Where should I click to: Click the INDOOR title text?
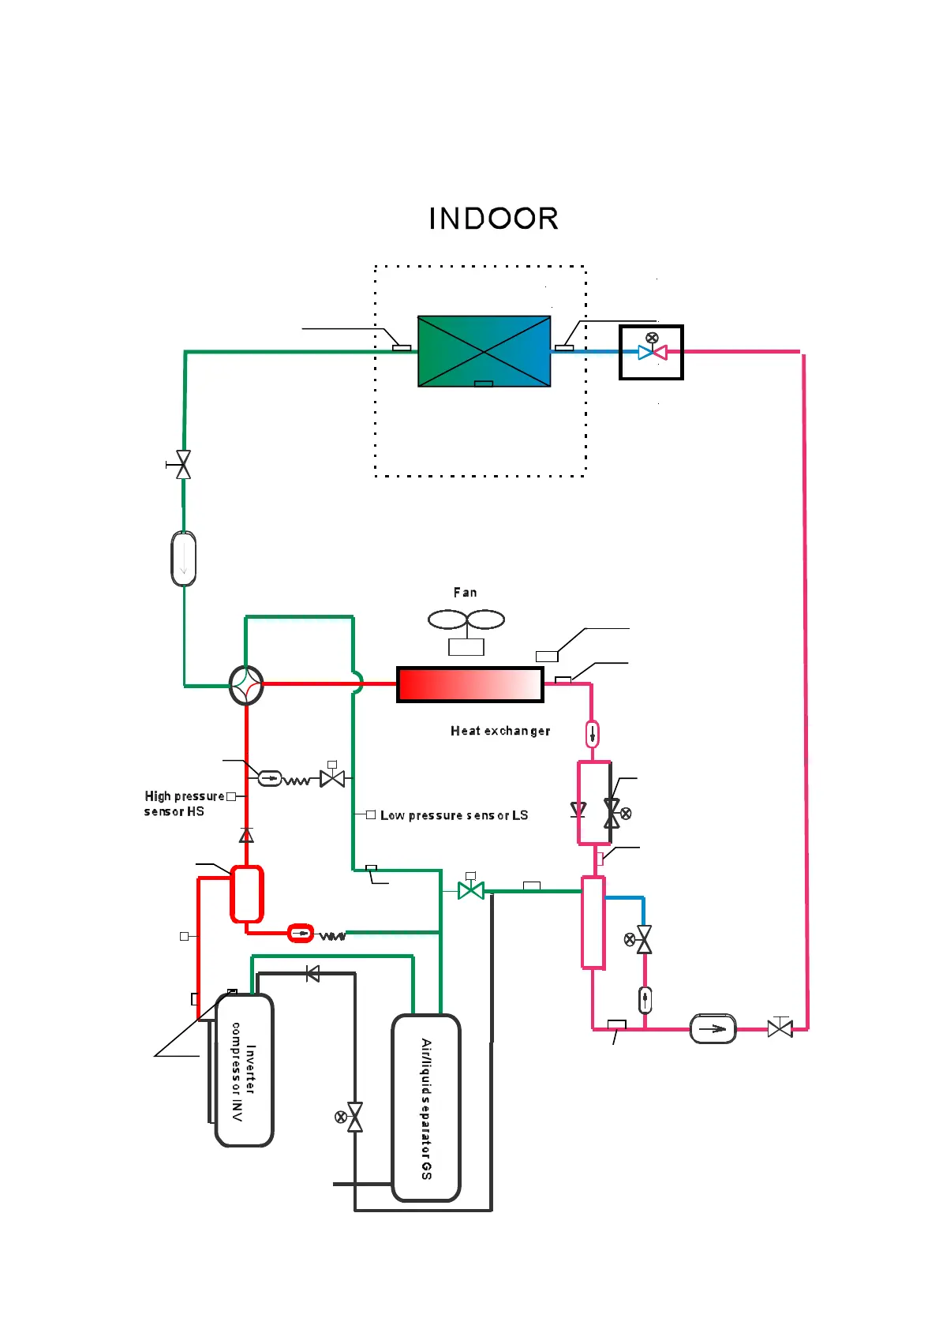click(x=493, y=219)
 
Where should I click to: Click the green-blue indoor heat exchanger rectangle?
click(x=484, y=351)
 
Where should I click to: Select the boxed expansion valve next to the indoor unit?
click(x=651, y=352)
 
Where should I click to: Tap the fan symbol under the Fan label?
click(x=466, y=620)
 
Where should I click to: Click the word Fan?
click(x=465, y=592)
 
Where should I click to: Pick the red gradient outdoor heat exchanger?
click(x=470, y=684)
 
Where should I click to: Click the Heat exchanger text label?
click(x=500, y=731)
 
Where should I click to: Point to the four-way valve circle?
click(x=246, y=684)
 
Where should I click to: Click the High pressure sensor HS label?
click(x=183, y=803)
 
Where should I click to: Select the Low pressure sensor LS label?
click(x=454, y=815)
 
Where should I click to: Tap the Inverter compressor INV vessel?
click(x=245, y=1069)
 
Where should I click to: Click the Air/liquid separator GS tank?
click(x=426, y=1107)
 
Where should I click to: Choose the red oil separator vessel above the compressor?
click(x=246, y=894)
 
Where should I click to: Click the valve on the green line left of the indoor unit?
click(x=183, y=465)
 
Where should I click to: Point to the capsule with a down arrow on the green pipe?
click(x=184, y=559)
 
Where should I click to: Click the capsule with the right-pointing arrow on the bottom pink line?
click(x=713, y=1028)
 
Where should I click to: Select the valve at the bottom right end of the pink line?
click(x=780, y=1028)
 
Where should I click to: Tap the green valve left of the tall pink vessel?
click(x=471, y=891)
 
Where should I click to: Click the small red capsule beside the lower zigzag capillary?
click(x=301, y=934)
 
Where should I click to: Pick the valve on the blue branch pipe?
click(x=644, y=939)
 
